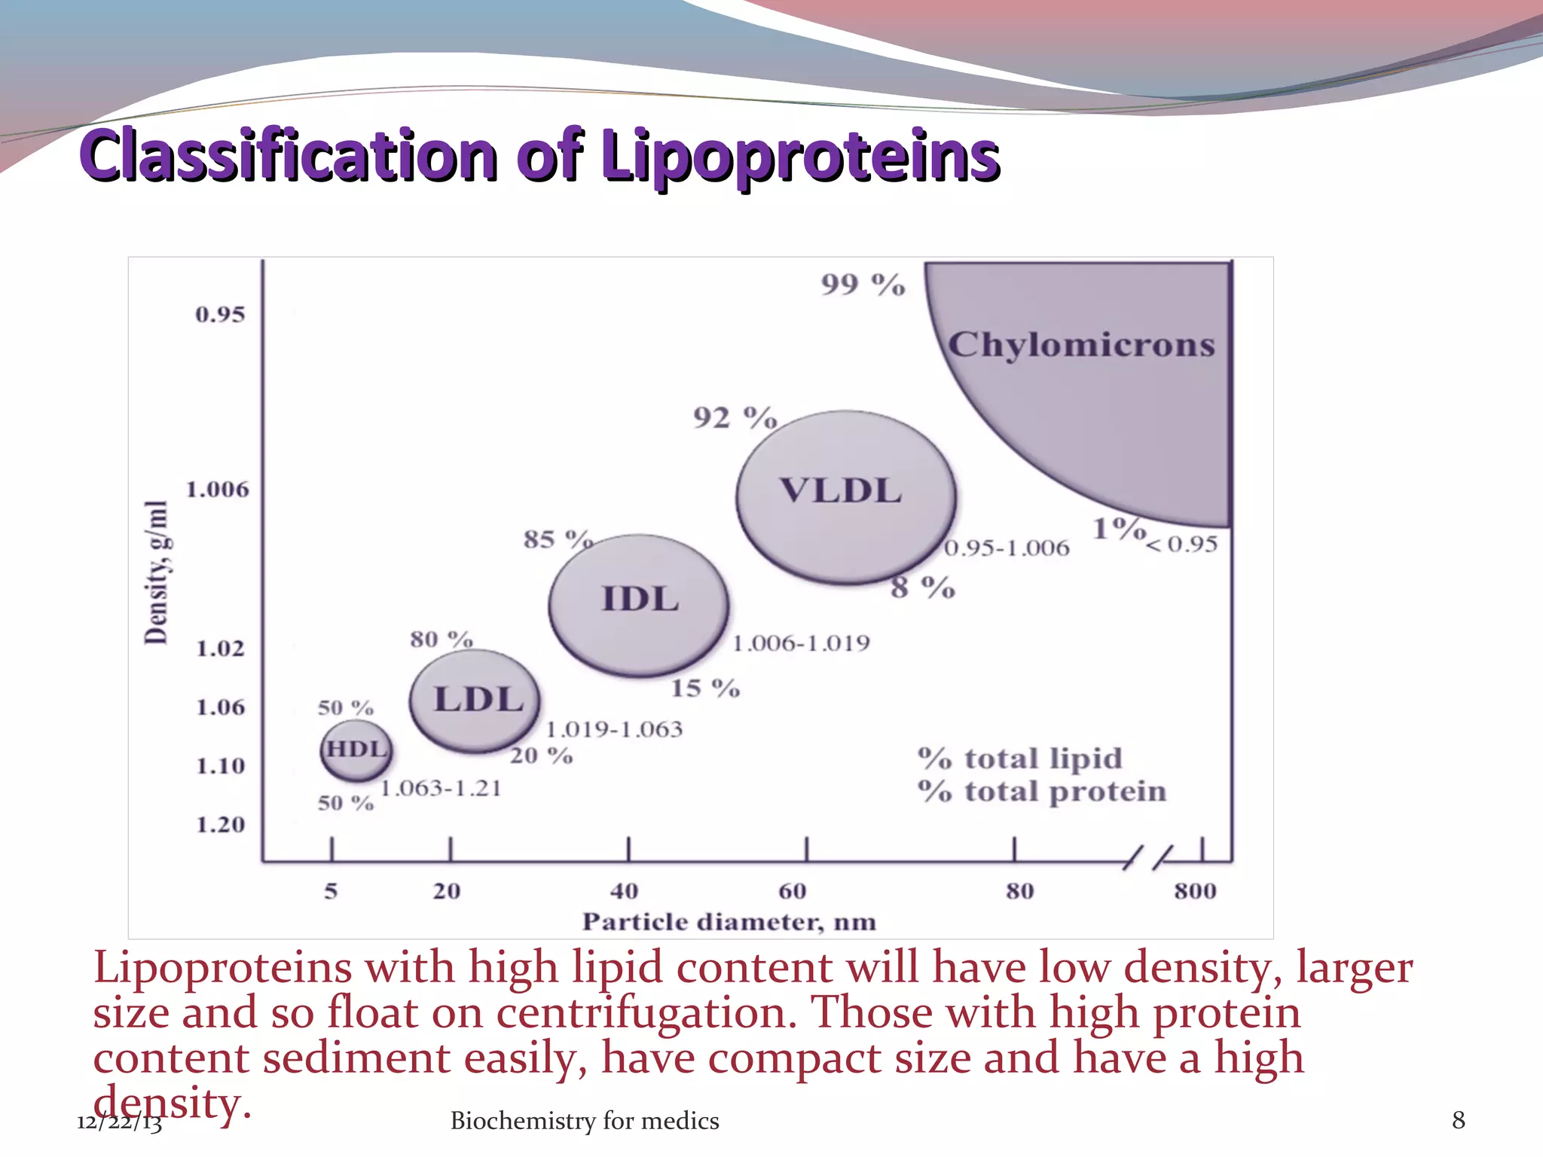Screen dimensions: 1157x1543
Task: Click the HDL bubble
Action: pos(356,749)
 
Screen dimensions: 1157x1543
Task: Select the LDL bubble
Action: pos(476,701)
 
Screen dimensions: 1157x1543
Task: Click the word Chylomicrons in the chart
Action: pos(1081,345)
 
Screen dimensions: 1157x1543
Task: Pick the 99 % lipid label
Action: pos(863,285)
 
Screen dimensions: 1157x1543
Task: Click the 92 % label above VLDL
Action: pos(735,417)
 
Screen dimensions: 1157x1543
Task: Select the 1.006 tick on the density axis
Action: pos(217,490)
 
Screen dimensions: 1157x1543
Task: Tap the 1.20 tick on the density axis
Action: pos(221,825)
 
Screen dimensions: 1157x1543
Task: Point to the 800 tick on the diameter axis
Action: pos(1195,891)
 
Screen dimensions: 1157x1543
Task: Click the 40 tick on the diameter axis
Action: pos(625,891)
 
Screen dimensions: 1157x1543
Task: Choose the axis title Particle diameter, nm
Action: pos(729,922)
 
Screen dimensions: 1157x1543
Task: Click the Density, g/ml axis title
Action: pos(157,572)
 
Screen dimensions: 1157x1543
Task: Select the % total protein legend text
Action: pos(1042,792)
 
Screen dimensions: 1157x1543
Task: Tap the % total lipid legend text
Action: pos(1020,759)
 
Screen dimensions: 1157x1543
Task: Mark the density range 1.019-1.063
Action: pos(614,729)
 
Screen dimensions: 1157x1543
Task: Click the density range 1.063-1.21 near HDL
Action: pos(441,789)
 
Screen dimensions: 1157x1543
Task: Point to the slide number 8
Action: pos(1459,1120)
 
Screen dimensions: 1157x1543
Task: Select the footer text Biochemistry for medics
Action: pos(585,1121)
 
